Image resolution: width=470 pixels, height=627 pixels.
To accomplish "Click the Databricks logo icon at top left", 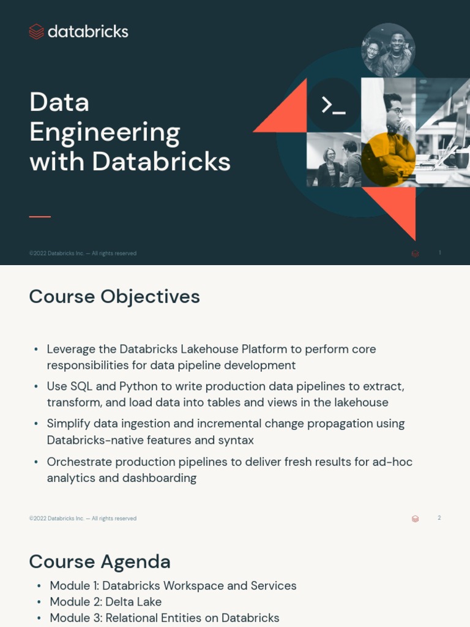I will click(x=37, y=32).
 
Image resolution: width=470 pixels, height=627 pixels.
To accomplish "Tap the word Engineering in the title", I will click(x=105, y=132).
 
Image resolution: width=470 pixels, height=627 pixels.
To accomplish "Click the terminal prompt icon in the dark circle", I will click(x=334, y=105).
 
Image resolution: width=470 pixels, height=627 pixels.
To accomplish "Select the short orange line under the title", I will click(x=40, y=217).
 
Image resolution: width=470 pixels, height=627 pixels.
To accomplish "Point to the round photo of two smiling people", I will click(x=388, y=50).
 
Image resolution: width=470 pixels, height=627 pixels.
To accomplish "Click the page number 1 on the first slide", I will click(x=439, y=253).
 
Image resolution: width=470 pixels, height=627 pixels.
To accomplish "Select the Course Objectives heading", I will click(x=114, y=296).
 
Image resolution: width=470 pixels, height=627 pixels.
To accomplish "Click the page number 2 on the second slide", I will click(x=439, y=518).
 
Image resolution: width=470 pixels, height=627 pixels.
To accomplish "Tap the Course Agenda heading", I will click(x=100, y=561).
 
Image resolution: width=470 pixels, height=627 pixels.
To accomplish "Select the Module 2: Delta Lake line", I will click(x=105, y=602).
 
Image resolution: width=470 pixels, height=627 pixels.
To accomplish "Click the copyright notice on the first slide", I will click(x=83, y=253).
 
